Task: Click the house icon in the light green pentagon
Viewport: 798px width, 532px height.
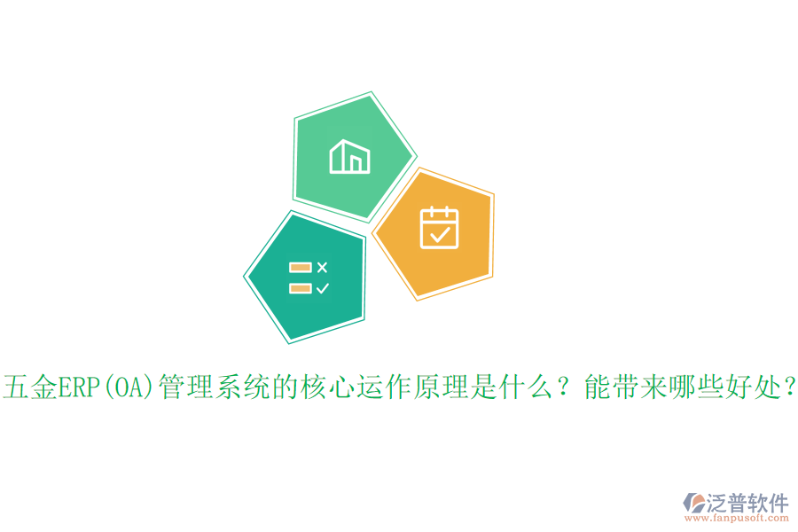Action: (x=348, y=156)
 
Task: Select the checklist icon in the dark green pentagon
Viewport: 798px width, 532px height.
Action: (x=309, y=278)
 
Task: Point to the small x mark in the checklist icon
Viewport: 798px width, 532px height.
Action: (x=322, y=267)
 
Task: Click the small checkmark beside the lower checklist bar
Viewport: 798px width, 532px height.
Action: (x=322, y=288)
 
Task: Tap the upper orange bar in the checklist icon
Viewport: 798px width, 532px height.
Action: (x=300, y=267)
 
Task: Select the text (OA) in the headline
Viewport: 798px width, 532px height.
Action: (x=129, y=387)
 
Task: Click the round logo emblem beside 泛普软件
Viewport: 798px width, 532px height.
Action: (x=693, y=506)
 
